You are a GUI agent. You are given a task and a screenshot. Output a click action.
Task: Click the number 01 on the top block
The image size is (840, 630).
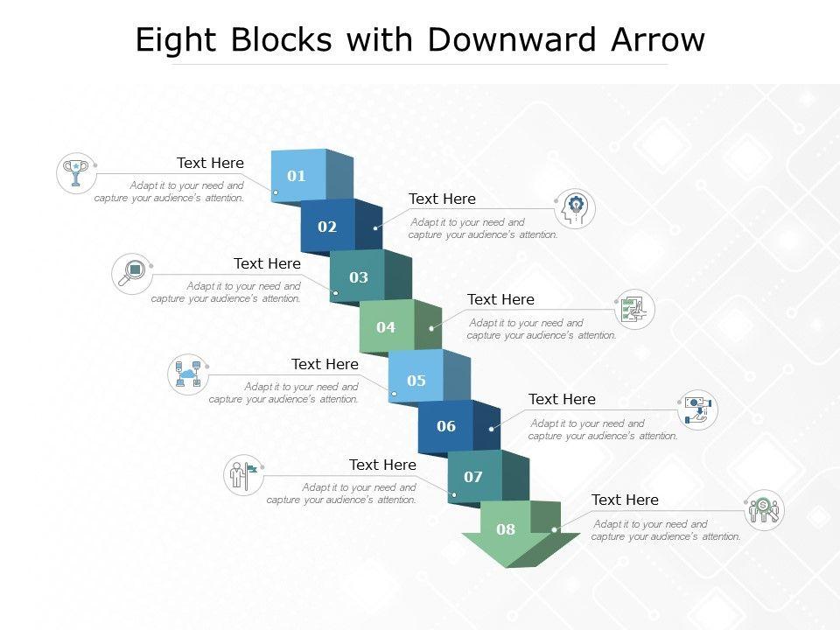pos(297,176)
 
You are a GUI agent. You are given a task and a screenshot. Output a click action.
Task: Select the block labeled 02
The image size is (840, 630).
pos(327,227)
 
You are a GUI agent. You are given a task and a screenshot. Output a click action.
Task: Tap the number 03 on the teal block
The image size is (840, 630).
pos(359,277)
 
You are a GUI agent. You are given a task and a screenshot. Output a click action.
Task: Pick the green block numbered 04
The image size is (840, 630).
pos(386,327)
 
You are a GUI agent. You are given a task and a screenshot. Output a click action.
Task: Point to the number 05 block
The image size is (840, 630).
pos(416,381)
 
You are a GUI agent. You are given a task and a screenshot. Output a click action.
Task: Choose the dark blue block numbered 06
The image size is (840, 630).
pos(446,426)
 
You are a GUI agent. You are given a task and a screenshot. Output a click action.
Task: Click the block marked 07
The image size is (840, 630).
pos(473,477)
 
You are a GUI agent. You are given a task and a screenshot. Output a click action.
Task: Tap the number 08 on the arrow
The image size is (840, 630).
pos(506,528)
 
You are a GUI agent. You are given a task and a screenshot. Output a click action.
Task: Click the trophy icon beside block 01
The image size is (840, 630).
pos(76,172)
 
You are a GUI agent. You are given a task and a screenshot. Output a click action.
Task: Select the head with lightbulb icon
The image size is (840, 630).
pos(576,209)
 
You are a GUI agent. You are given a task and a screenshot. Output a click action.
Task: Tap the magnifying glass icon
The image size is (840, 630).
pos(132,273)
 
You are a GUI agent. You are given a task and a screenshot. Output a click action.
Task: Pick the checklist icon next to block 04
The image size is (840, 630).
pos(634,310)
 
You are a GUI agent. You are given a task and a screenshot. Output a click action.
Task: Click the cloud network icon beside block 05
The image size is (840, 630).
pos(188,374)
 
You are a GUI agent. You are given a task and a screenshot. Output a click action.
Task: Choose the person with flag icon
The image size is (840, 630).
pos(244,475)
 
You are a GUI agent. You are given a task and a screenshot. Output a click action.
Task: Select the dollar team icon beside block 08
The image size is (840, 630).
pos(764,510)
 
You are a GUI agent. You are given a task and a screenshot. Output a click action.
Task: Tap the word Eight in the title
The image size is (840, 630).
pos(174,40)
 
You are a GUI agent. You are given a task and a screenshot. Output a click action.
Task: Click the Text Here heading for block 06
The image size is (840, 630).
pos(562,399)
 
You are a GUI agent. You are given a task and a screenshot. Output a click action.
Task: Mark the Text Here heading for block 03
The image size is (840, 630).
pos(267,263)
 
